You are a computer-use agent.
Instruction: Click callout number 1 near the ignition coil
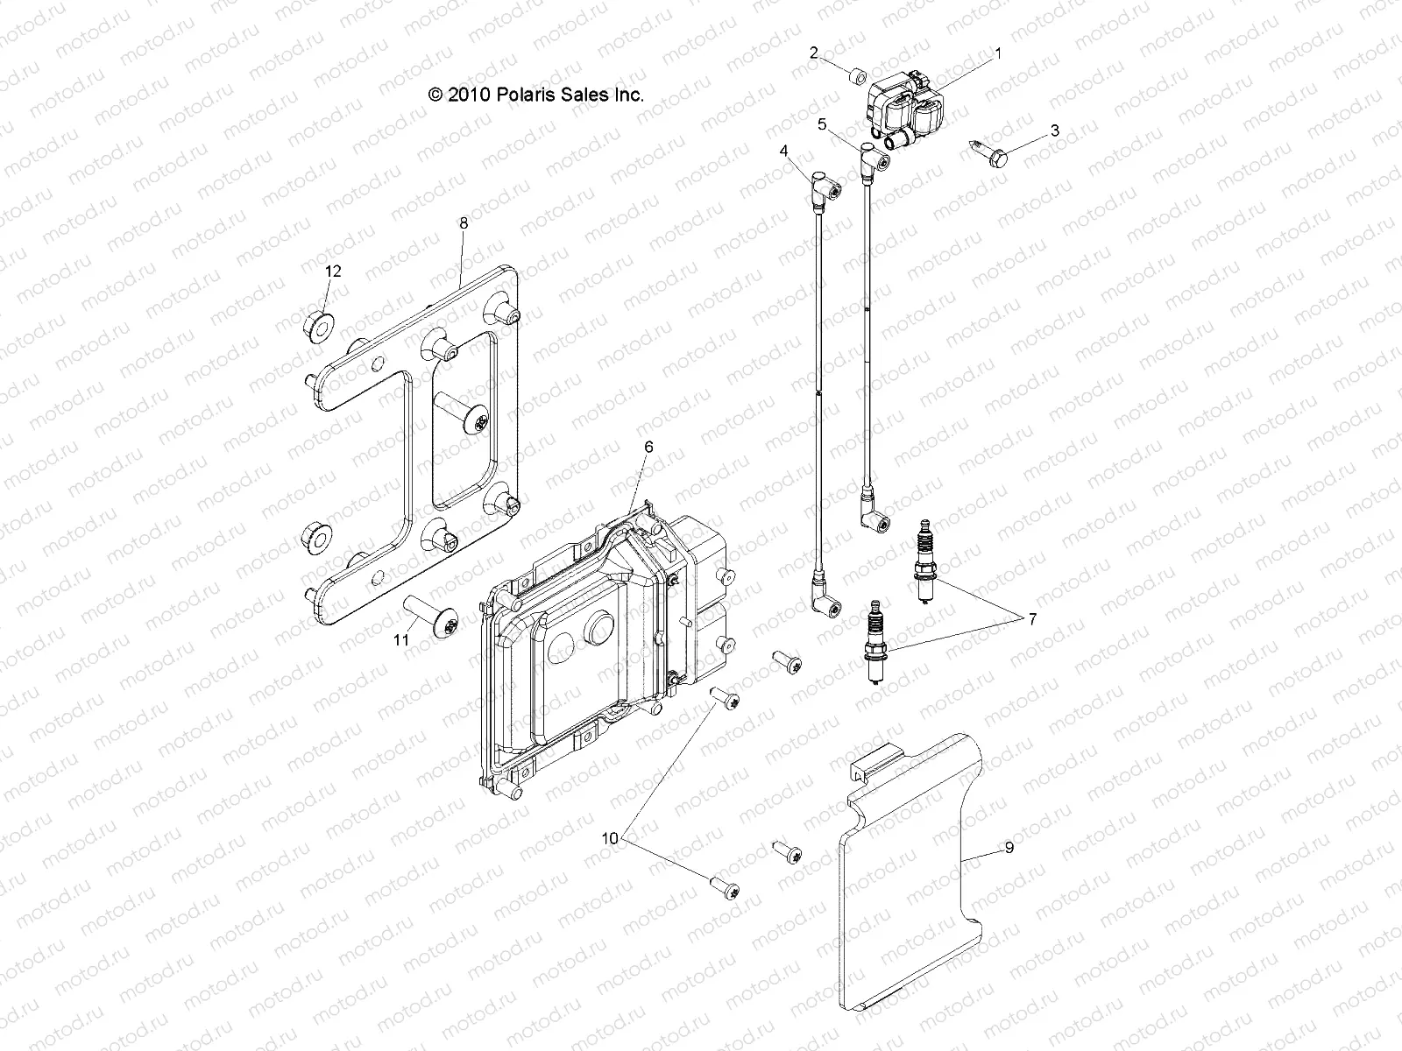[996, 53]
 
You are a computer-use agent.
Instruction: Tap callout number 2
[813, 53]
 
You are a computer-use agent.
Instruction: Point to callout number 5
[822, 124]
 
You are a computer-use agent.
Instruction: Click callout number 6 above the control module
[648, 447]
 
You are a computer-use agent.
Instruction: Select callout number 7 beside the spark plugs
[1032, 619]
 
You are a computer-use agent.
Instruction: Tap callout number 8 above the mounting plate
[464, 222]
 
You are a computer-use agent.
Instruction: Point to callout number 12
[333, 272]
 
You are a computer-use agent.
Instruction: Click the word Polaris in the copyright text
[533, 95]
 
